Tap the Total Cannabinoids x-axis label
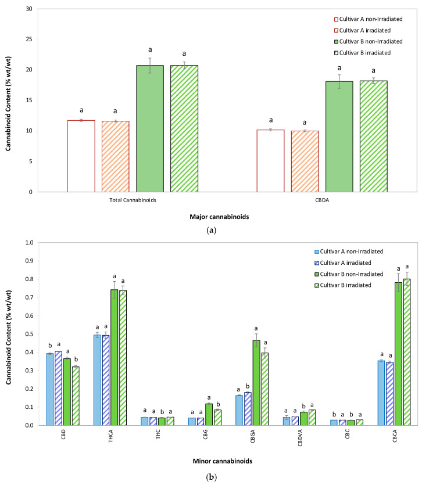[x=132, y=200]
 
